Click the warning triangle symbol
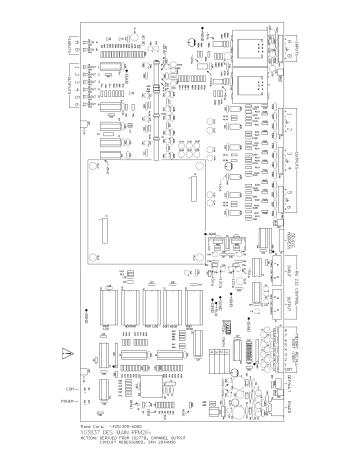66,354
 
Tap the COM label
71,388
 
